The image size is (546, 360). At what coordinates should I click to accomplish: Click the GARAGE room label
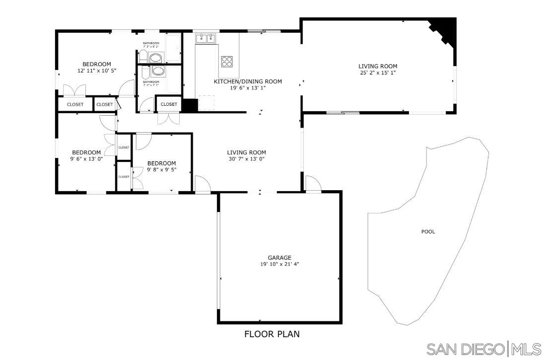tap(279, 258)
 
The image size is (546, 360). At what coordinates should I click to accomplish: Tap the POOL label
tap(428, 231)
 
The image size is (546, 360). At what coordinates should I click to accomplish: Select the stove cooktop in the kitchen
tap(227, 61)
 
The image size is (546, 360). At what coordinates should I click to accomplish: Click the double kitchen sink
tap(206, 38)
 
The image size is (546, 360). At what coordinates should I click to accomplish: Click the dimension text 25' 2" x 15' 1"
tap(378, 72)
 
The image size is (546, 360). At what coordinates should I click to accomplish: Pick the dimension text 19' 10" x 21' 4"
tap(279, 264)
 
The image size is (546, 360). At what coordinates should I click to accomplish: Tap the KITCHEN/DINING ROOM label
tap(248, 81)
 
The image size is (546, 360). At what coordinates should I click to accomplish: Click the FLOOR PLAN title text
tap(272, 334)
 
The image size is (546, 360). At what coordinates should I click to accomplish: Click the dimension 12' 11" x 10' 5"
tap(97, 71)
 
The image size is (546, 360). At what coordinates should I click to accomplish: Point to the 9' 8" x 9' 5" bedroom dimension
tap(162, 170)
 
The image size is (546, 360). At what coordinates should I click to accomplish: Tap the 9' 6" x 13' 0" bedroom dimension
tap(86, 159)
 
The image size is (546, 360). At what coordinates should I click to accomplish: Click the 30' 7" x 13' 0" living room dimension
tap(247, 159)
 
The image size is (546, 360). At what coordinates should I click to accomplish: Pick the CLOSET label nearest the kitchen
tap(169, 104)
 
